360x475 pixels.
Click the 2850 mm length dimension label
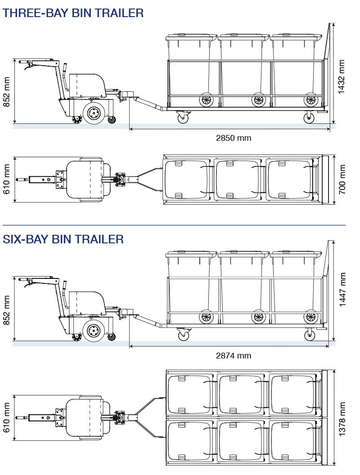click(x=234, y=138)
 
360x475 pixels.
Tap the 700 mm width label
click(x=342, y=180)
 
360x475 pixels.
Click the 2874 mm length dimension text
click(x=234, y=356)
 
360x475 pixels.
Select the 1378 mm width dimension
click(x=342, y=419)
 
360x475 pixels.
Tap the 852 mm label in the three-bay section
click(x=7, y=92)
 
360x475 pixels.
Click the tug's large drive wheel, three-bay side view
click(x=94, y=112)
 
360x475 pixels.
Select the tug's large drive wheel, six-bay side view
click(x=94, y=332)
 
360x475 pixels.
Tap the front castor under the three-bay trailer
click(x=183, y=117)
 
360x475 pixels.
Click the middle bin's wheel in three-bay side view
click(x=258, y=100)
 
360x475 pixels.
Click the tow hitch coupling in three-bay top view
click(x=121, y=179)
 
